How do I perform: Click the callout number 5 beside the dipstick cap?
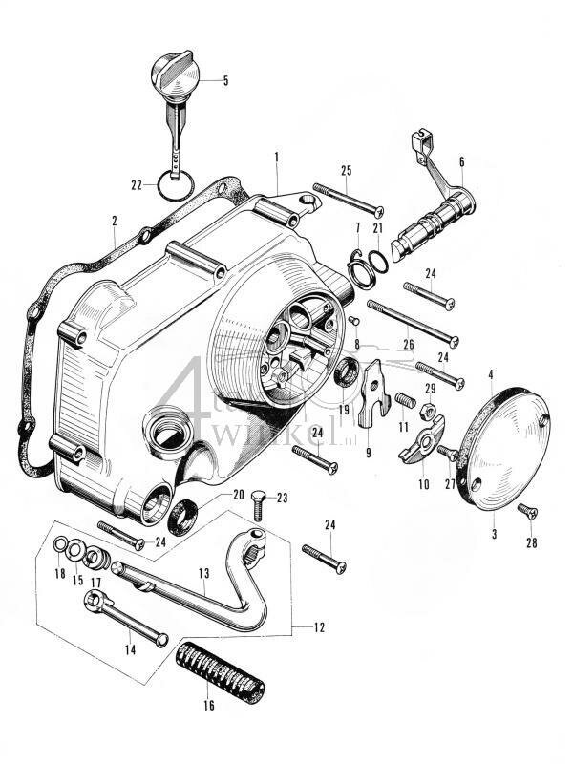[225, 81]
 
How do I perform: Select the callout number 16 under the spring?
[209, 706]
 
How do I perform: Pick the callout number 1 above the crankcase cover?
[276, 155]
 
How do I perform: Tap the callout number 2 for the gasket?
[114, 221]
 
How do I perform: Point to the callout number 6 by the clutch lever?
[461, 162]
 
